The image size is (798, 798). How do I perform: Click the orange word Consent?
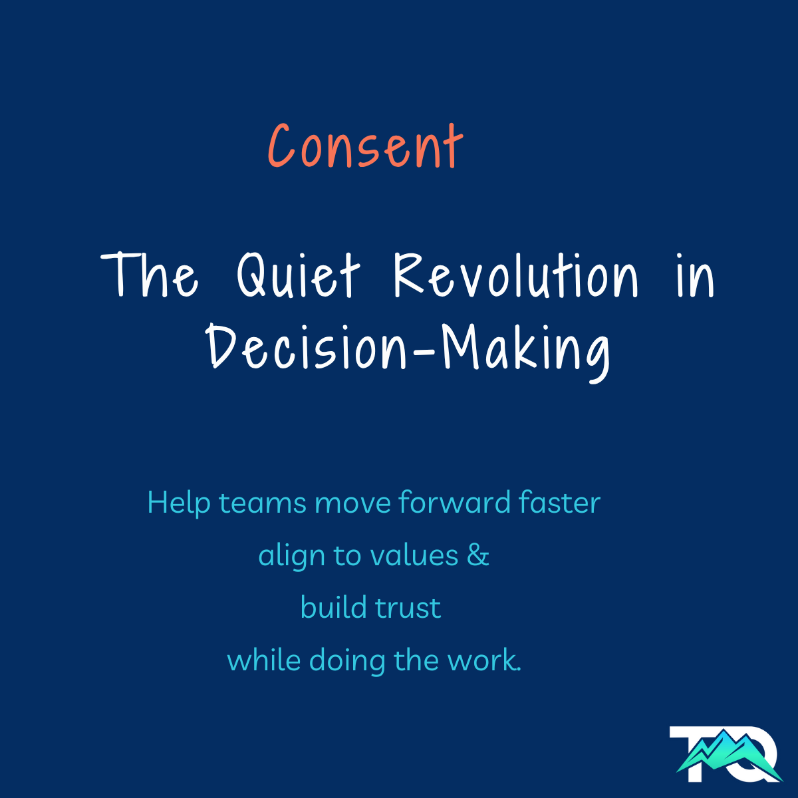(x=365, y=146)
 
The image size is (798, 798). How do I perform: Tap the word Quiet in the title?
(x=299, y=275)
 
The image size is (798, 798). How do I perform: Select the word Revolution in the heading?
(x=516, y=275)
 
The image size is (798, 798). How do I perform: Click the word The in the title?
(x=150, y=275)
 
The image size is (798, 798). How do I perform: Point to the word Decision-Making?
(x=408, y=353)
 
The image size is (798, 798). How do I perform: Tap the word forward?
(x=454, y=502)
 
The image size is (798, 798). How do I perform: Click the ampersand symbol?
(x=478, y=555)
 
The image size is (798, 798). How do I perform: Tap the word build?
(x=334, y=608)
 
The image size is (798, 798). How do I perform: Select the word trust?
(x=408, y=608)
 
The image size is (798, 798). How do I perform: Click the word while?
(x=264, y=660)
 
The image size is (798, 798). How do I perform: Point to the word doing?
(x=347, y=662)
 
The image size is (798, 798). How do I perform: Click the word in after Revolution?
(x=696, y=275)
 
